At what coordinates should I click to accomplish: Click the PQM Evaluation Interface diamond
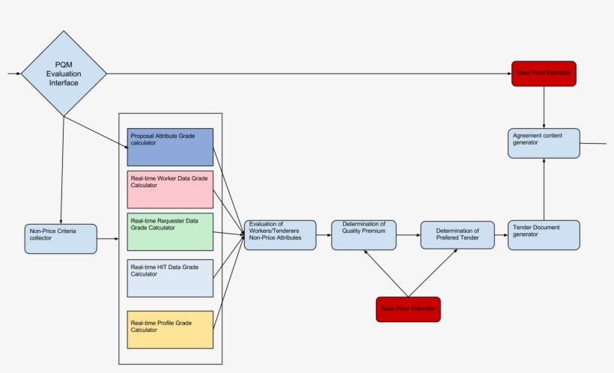pyautogui.click(x=64, y=73)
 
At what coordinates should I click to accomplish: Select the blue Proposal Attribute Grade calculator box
pyautogui.click(x=170, y=147)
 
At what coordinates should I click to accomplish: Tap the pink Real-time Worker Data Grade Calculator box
pyautogui.click(x=170, y=189)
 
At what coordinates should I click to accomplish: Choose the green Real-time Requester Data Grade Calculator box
pyautogui.click(x=170, y=231)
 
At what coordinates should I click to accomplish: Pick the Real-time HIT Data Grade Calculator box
pyautogui.click(x=170, y=279)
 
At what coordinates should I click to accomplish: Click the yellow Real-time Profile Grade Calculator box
pyautogui.click(x=170, y=330)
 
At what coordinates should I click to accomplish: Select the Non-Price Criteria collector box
pyautogui.click(x=61, y=238)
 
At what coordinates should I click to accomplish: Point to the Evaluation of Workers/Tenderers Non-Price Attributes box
pyautogui.click(x=280, y=235)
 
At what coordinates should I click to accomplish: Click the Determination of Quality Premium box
pyautogui.click(x=364, y=234)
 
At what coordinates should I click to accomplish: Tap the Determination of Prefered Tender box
pyautogui.click(x=457, y=235)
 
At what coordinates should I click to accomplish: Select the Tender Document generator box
pyautogui.click(x=544, y=234)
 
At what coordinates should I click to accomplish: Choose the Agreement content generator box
pyautogui.click(x=544, y=143)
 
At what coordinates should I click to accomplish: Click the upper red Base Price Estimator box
pyautogui.click(x=544, y=73)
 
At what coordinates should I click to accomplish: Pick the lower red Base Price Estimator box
pyautogui.click(x=408, y=309)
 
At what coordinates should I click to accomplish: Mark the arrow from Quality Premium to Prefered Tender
pyautogui.click(x=408, y=235)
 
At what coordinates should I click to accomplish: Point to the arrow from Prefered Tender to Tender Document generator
pyautogui.click(x=501, y=235)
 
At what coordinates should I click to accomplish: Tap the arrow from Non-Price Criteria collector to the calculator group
pyautogui.click(x=108, y=239)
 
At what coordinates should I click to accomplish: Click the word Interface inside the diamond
pyautogui.click(x=64, y=83)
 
